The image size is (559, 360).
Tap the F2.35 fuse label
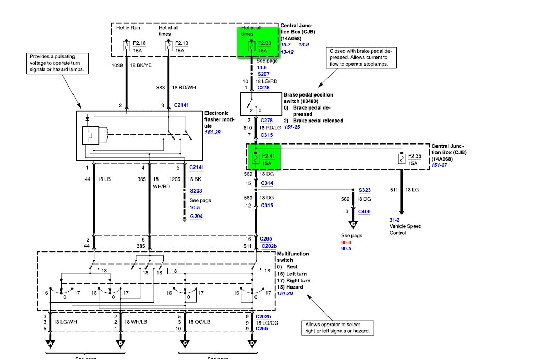point(415,156)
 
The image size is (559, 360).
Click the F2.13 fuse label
point(181,43)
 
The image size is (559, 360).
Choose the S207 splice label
point(263,75)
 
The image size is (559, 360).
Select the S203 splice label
point(196,191)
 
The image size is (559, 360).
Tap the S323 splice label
point(364,191)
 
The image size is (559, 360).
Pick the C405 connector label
point(364,211)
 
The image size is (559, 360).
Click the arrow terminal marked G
point(354,225)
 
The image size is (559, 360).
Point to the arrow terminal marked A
point(51,344)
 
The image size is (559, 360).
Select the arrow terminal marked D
point(253,344)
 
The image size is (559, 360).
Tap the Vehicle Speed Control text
point(405,230)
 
